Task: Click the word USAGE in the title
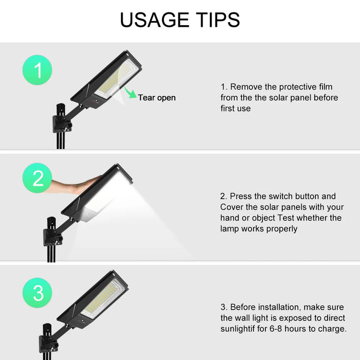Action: tap(154, 20)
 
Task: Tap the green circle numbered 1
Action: tap(37, 70)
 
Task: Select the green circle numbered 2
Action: tap(37, 178)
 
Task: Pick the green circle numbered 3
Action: tap(37, 293)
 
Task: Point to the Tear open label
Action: tap(157, 98)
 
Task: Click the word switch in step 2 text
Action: tap(281, 196)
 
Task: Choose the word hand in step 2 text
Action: tap(230, 218)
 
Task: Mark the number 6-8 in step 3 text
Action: tap(276, 329)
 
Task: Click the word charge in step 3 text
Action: tap(332, 329)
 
